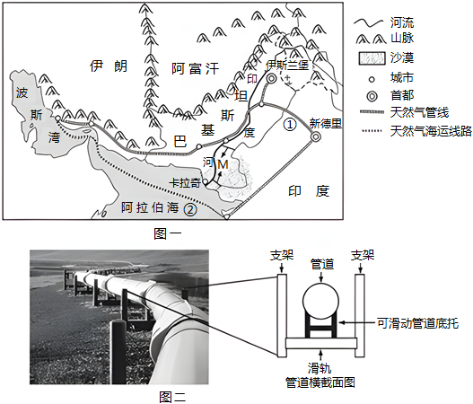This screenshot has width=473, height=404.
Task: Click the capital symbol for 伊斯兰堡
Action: tap(271, 79)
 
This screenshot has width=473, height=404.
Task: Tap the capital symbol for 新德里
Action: tap(315, 137)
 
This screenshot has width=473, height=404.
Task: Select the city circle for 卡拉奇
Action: tap(206, 182)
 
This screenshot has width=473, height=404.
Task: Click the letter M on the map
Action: tap(223, 164)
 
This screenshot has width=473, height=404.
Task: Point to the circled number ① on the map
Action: tap(290, 124)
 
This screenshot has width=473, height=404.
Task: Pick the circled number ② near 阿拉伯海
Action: tap(190, 210)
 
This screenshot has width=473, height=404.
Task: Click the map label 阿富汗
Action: tap(195, 69)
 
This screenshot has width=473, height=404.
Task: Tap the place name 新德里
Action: tap(326, 123)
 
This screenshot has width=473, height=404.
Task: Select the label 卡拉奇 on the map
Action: tap(185, 183)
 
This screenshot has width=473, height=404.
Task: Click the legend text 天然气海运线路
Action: tap(431, 132)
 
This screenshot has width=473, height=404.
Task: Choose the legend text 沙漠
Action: tap(402, 57)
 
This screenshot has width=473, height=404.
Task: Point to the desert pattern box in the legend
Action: tap(372, 58)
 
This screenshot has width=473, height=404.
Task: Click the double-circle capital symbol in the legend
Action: tap(372, 97)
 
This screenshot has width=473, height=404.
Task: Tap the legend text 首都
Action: tap(402, 96)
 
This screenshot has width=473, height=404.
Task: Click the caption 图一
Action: tap(168, 233)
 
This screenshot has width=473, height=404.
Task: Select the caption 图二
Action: tap(173, 397)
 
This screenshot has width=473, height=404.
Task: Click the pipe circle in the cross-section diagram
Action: tap(320, 300)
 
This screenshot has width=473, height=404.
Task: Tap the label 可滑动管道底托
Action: tap(417, 323)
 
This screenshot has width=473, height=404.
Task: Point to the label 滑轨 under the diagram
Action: tap(320, 368)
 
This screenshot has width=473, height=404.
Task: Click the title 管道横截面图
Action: tap(320, 382)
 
